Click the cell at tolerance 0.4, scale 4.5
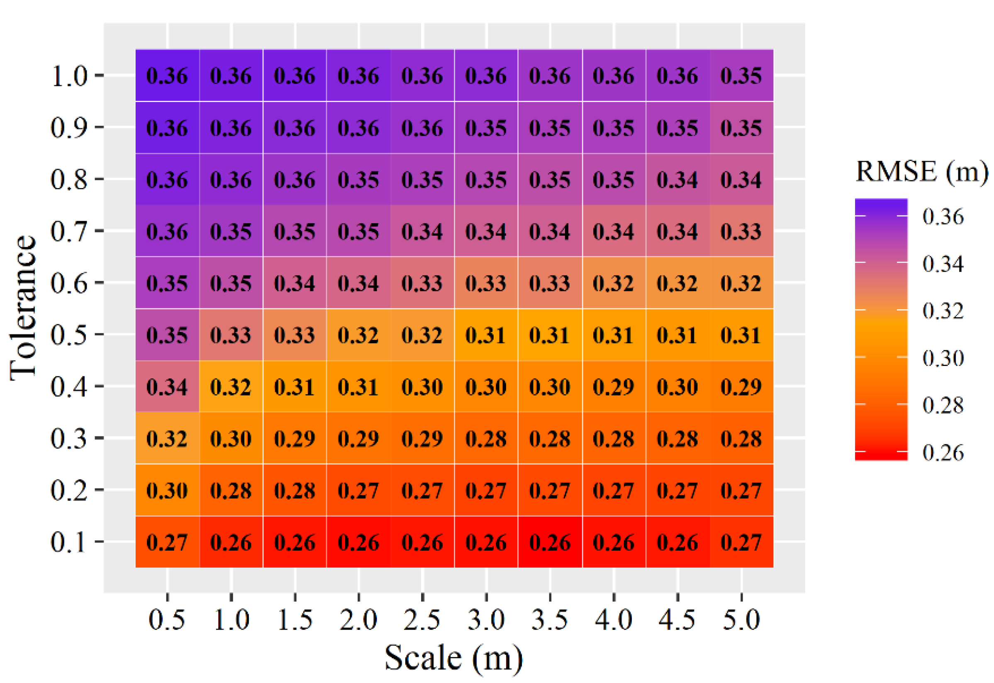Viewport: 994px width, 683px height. coord(677,386)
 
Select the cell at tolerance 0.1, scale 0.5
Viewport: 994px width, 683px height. coord(167,542)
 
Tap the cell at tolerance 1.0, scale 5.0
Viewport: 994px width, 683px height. coord(741,76)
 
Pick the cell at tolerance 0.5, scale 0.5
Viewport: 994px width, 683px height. coord(167,334)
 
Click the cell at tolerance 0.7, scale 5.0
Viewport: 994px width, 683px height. coord(741,231)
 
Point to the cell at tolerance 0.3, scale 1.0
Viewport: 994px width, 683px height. coord(231,438)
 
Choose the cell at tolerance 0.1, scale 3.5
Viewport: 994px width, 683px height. coord(550,542)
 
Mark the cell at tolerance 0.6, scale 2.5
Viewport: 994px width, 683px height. coord(422,283)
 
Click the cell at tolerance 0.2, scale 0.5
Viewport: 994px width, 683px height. coord(167,490)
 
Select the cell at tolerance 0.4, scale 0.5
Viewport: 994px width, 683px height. coord(167,386)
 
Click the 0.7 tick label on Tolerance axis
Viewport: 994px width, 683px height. coord(68,231)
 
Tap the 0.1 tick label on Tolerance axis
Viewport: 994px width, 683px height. coord(68,542)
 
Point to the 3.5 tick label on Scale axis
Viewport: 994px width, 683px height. coord(550,619)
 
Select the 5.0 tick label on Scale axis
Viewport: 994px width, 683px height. coord(741,619)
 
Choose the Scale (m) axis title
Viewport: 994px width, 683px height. coord(453,658)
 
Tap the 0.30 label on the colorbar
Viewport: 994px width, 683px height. coord(943,357)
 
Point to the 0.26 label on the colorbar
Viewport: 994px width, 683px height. coord(943,452)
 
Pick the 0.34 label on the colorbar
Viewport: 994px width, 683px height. coord(943,263)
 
